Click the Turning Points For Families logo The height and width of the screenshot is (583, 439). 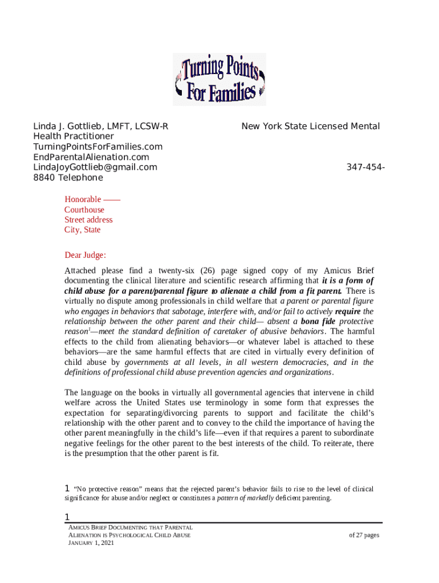tap(219, 79)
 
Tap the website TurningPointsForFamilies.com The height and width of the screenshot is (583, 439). tap(97, 147)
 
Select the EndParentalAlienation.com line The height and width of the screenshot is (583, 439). tap(91, 157)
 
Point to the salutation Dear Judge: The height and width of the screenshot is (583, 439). tap(85, 255)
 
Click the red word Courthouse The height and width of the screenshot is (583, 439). tap(84, 210)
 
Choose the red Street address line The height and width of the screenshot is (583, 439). tap(88, 220)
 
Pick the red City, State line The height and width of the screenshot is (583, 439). tap(82, 230)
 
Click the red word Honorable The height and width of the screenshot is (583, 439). tap(83, 199)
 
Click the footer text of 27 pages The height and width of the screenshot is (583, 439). tap(364, 535)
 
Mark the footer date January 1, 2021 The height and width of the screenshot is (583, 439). tap(91, 543)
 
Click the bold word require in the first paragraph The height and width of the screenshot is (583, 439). tap(348, 311)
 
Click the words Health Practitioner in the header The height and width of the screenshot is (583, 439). tap(74, 137)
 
